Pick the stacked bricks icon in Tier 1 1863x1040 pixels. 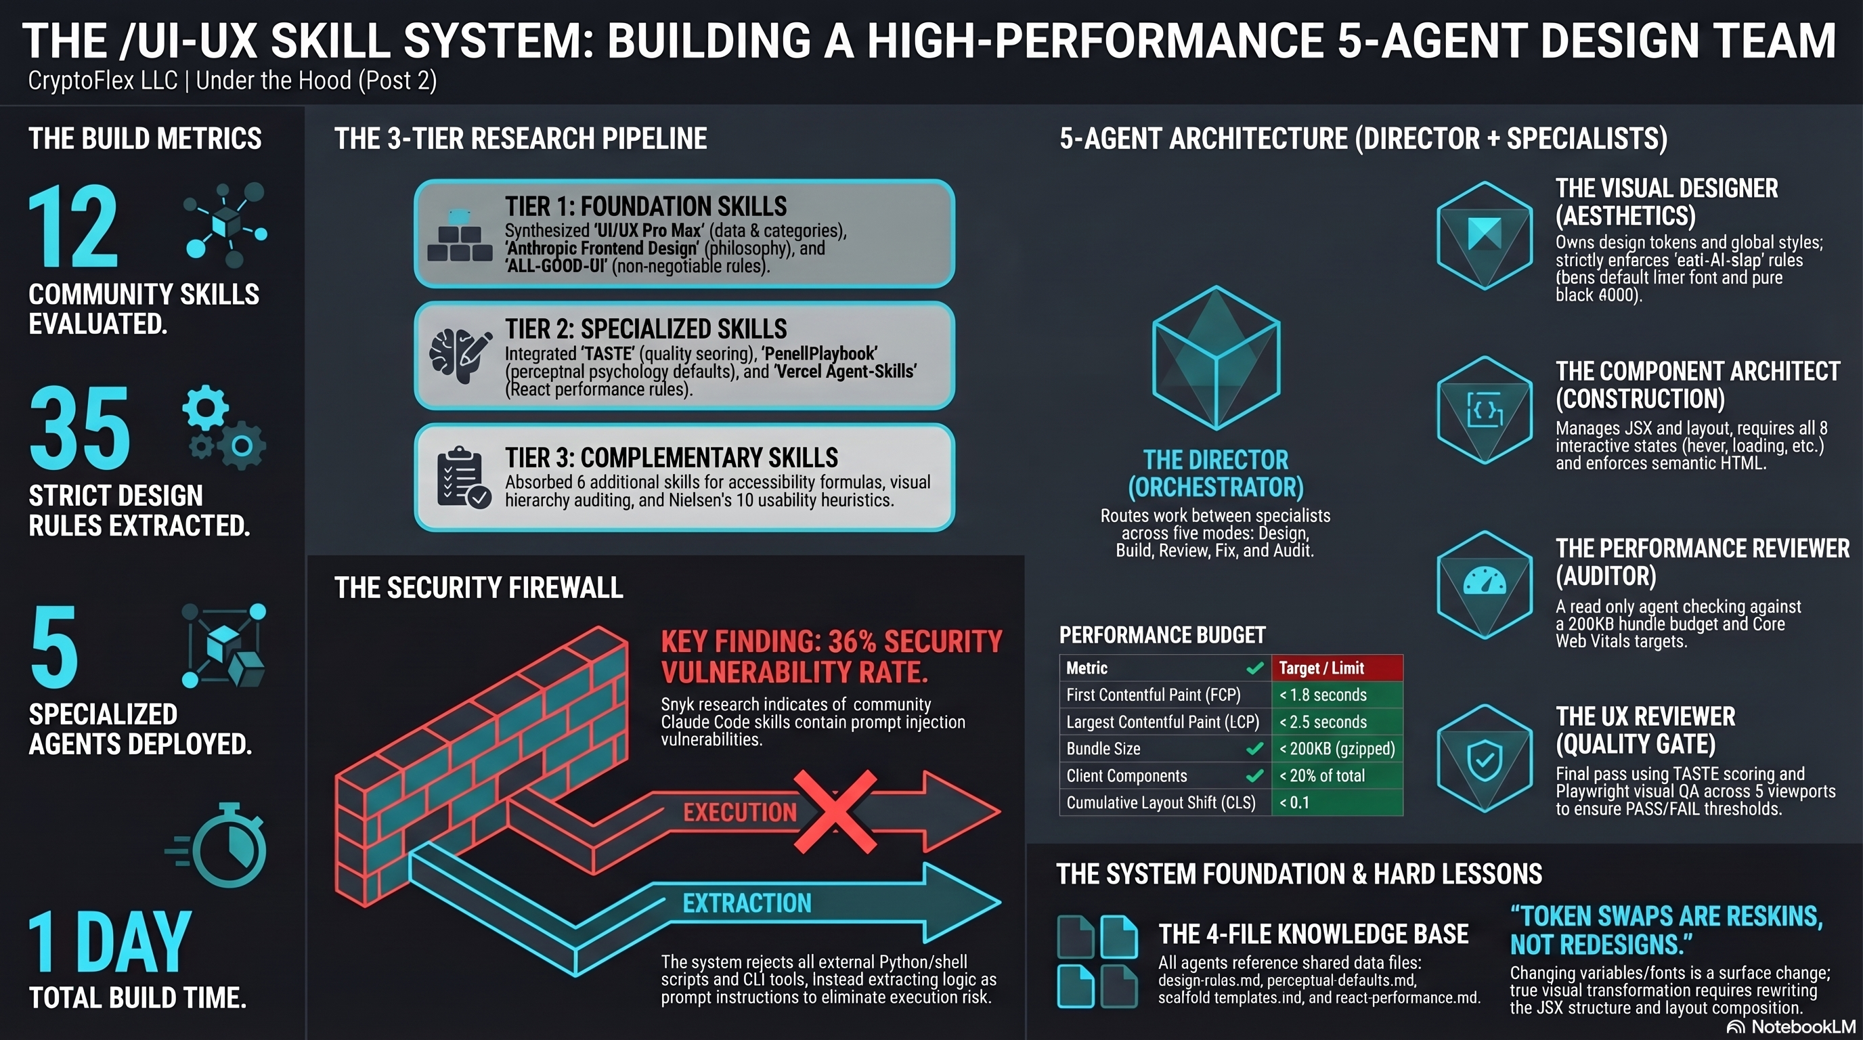459,237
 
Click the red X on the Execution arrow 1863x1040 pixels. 835,811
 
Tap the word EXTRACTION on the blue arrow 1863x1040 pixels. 747,903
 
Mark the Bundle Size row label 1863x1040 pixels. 1103,750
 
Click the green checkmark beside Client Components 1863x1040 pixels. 1255,776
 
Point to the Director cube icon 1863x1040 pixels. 1216,358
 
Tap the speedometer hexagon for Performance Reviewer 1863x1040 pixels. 1484,584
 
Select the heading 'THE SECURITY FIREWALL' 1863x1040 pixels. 478,588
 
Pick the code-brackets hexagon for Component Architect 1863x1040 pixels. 1484,410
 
